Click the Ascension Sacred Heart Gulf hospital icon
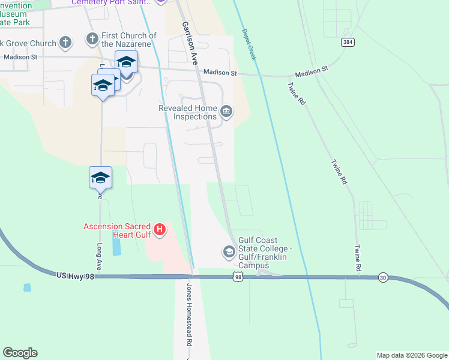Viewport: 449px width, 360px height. [x=160, y=229]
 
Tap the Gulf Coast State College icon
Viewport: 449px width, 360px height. [x=229, y=251]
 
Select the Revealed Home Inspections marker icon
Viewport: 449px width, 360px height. [x=226, y=110]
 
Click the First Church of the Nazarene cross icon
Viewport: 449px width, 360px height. [x=92, y=40]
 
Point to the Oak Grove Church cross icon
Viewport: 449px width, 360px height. [x=65, y=43]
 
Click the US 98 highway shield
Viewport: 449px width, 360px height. [x=238, y=277]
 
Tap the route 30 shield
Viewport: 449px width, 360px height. [x=383, y=277]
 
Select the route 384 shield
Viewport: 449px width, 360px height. [x=348, y=42]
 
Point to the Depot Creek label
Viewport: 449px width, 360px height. [x=249, y=44]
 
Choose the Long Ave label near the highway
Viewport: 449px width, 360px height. [x=98, y=256]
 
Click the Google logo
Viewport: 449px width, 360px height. [x=20, y=352]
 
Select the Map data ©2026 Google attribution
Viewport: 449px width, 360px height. [x=412, y=355]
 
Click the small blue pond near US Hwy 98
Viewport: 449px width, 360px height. [x=27, y=287]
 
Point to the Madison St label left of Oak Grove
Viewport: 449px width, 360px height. [x=20, y=57]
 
